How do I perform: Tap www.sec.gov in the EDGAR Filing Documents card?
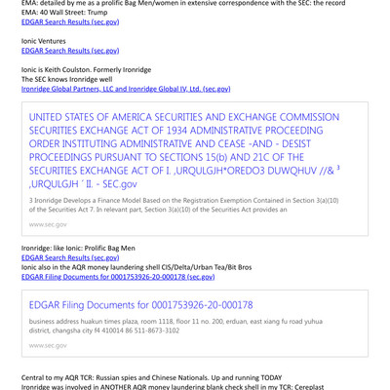[x=49, y=345]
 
